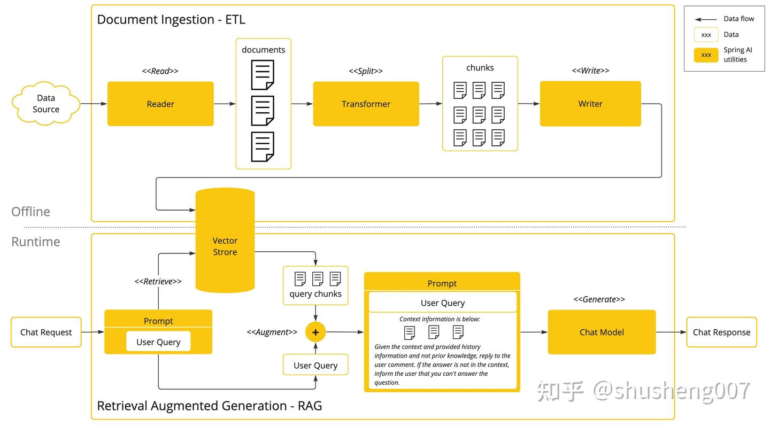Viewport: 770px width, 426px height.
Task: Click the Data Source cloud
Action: [46, 104]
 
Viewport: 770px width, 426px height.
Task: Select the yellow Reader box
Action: [160, 104]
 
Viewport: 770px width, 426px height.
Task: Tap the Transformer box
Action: [366, 104]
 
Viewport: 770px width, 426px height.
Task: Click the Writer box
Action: [590, 104]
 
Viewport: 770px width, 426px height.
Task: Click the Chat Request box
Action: [46, 332]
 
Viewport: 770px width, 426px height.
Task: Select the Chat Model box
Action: [602, 332]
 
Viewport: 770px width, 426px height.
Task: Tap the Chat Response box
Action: [721, 332]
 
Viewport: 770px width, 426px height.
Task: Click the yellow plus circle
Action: [315, 332]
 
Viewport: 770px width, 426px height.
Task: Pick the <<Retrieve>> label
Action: [158, 281]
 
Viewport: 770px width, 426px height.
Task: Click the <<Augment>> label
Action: [272, 332]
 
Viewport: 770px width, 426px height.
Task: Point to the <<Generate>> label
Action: [599, 299]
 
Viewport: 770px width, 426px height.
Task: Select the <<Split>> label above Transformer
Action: [366, 71]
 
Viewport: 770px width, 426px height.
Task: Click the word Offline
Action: [31, 212]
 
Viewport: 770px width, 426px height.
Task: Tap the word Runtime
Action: [36, 242]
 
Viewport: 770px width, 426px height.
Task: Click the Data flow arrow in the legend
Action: [706, 19]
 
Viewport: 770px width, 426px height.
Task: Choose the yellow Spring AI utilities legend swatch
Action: [706, 55]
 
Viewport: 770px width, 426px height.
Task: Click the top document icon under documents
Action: [263, 75]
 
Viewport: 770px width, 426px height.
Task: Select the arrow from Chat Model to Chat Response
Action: [671, 332]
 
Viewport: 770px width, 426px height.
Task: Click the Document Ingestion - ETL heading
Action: [171, 20]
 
